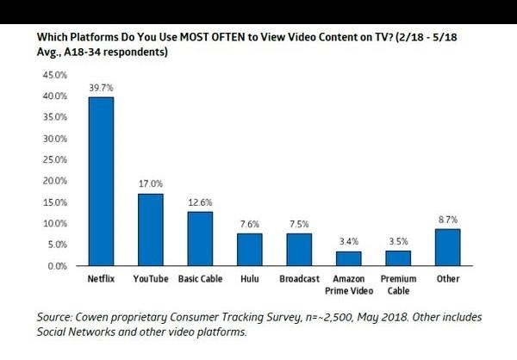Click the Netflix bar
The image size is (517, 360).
click(x=101, y=182)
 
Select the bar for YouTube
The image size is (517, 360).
click(x=151, y=230)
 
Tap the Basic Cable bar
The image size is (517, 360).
click(x=201, y=239)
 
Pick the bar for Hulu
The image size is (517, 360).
click(x=250, y=250)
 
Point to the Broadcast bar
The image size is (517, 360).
click(x=300, y=250)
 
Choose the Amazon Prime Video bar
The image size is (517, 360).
click(x=349, y=258)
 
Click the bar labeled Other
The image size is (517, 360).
click(x=448, y=247)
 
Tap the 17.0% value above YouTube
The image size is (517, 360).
click(x=151, y=184)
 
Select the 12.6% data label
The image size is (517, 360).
click(x=201, y=203)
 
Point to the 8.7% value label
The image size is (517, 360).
click(x=448, y=220)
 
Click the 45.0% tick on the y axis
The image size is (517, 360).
click(x=54, y=75)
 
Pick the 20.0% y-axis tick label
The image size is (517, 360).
click(x=54, y=181)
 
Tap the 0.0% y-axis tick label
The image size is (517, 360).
click(x=57, y=266)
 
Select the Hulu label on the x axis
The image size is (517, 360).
click(x=250, y=280)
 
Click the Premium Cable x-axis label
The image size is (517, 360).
click(x=399, y=286)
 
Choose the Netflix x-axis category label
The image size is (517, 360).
click(x=101, y=280)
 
